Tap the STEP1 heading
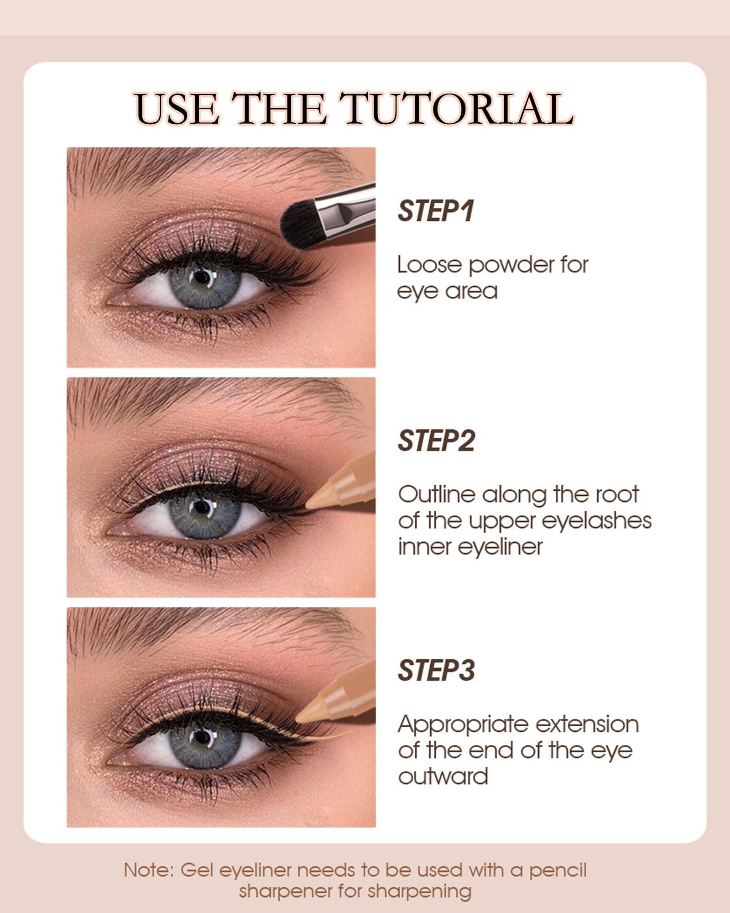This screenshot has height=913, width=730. point(436,211)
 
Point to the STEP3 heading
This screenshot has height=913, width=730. point(436,671)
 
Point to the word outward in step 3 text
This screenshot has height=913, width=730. point(443,776)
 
